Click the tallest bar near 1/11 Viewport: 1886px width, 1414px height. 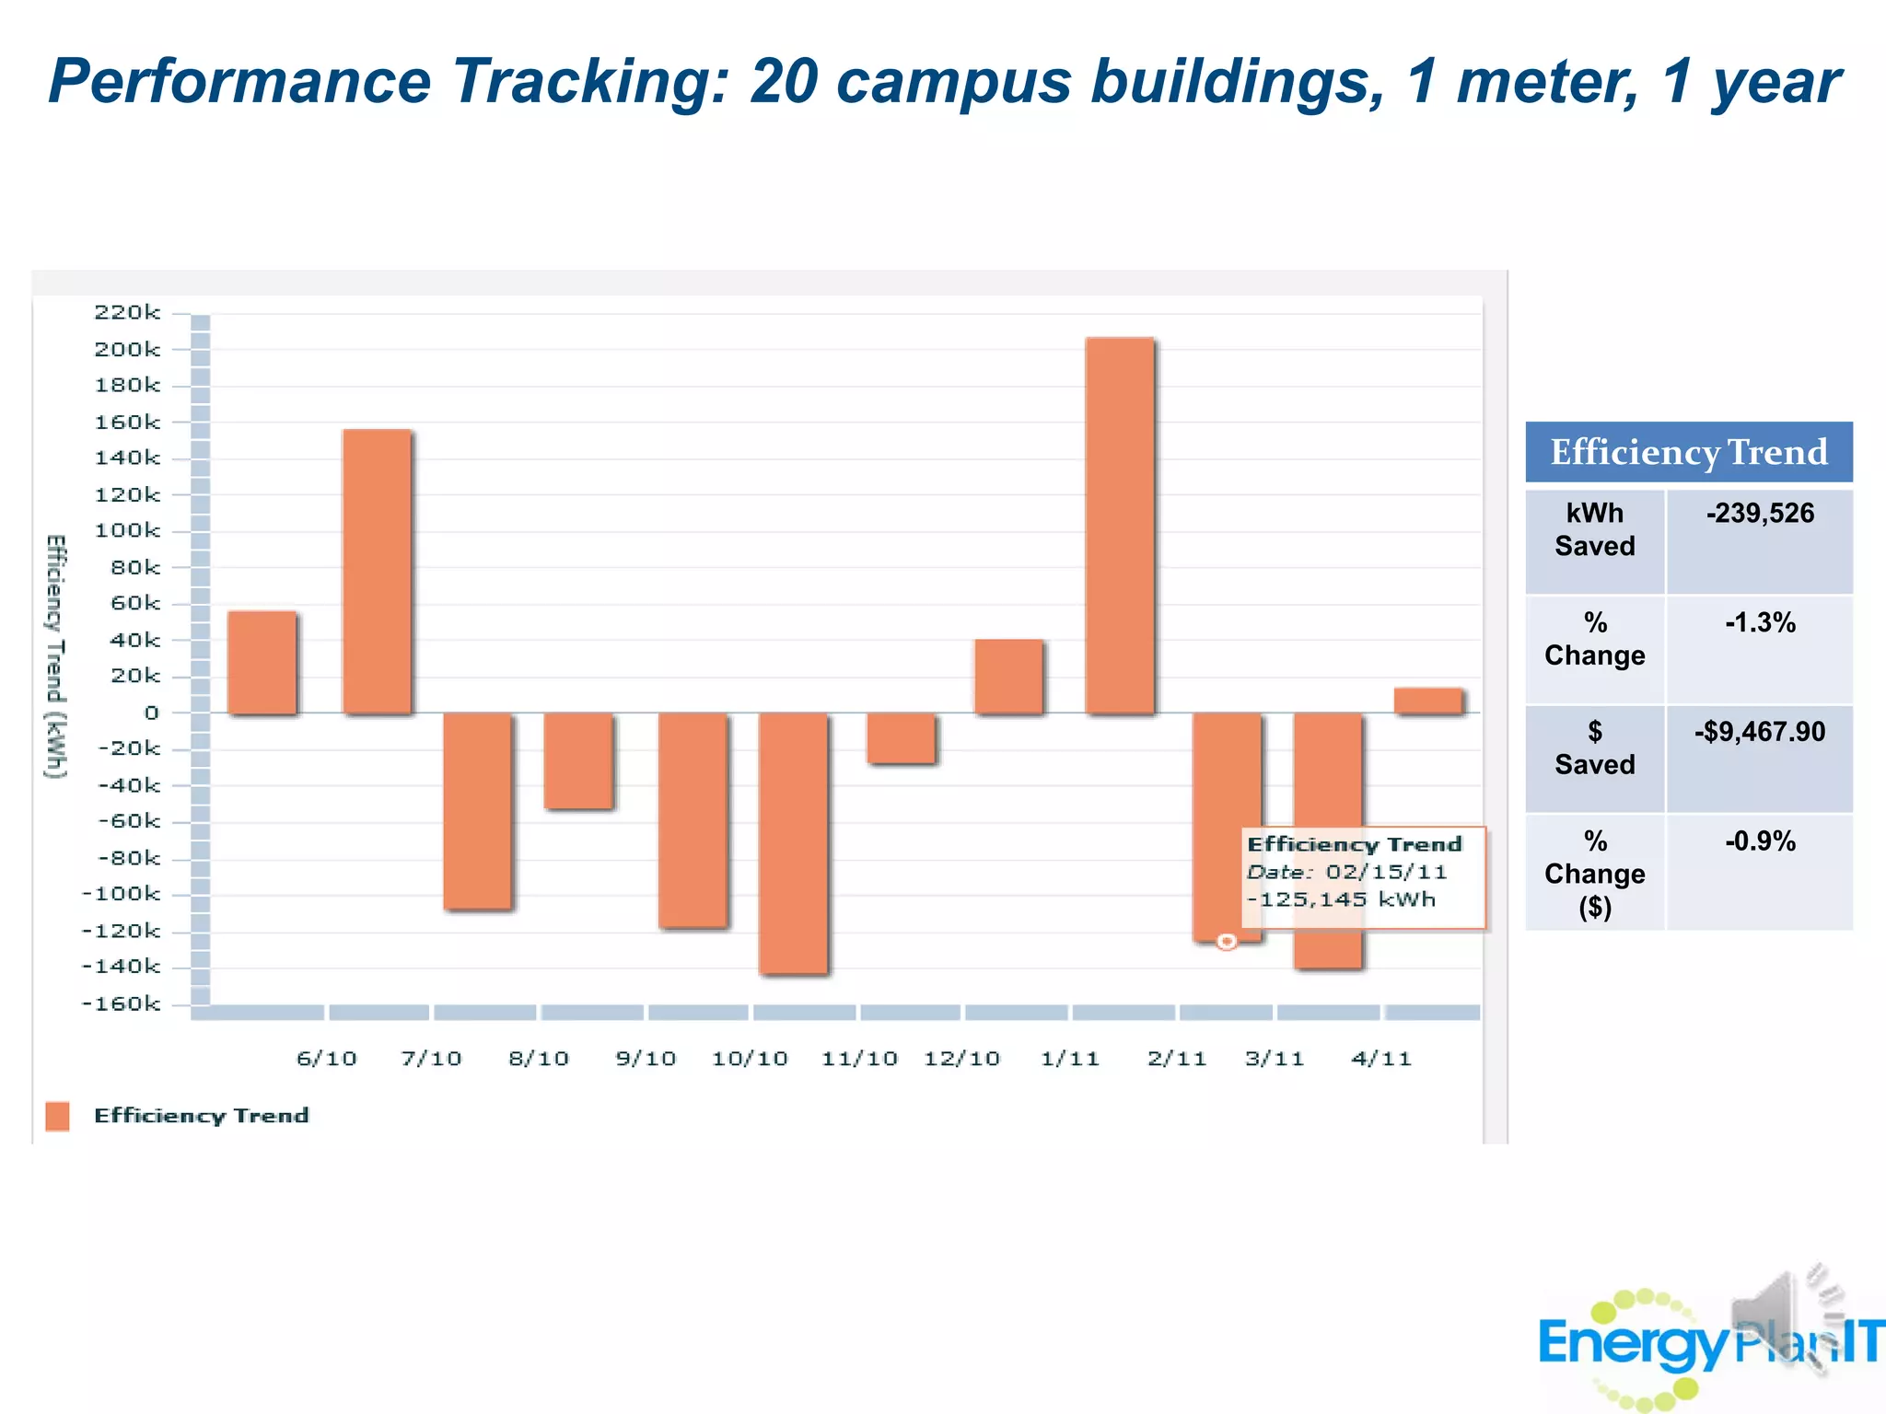(1119, 526)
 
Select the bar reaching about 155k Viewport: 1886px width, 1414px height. (377, 571)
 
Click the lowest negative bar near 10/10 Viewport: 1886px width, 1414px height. (793, 842)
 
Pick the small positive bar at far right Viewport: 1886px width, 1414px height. (1427, 701)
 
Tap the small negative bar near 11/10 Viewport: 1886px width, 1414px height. (902, 738)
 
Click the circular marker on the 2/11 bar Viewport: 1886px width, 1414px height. (1227, 941)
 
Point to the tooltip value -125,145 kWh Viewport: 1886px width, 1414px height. (1341, 899)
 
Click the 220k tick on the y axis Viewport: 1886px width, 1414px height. (127, 313)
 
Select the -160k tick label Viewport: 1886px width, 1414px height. (121, 1003)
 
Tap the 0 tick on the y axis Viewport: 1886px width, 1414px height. (151, 713)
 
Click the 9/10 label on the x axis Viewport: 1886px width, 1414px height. (646, 1059)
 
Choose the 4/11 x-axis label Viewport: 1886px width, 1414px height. (1380, 1059)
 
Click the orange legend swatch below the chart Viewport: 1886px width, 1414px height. (57, 1116)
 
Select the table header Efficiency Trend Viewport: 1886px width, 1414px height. (1688, 452)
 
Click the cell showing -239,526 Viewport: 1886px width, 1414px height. (1759, 514)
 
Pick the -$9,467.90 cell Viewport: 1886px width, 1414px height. (1759, 732)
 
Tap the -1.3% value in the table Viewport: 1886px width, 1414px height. (1759, 623)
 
